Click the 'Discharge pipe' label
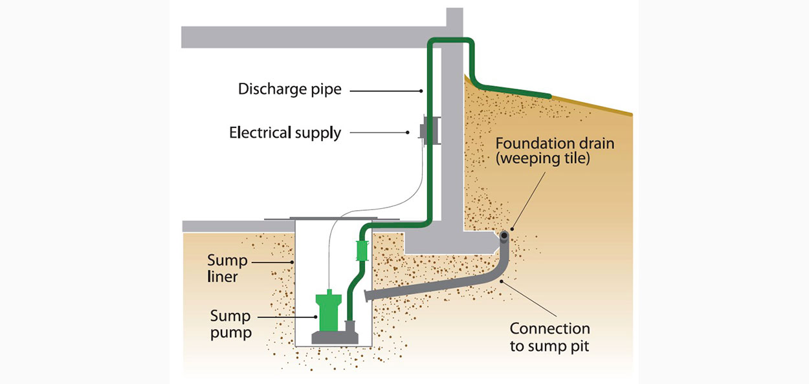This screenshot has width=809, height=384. (289, 89)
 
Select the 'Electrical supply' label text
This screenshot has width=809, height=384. (285, 133)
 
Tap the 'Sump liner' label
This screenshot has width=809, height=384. (227, 268)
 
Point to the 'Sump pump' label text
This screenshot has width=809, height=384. (230, 324)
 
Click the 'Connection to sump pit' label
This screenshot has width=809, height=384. (549, 337)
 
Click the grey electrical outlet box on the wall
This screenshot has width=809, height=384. (426, 132)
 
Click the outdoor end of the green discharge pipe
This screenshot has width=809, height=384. (549, 96)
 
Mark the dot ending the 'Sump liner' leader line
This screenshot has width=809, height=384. (293, 261)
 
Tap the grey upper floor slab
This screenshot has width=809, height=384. (311, 37)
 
